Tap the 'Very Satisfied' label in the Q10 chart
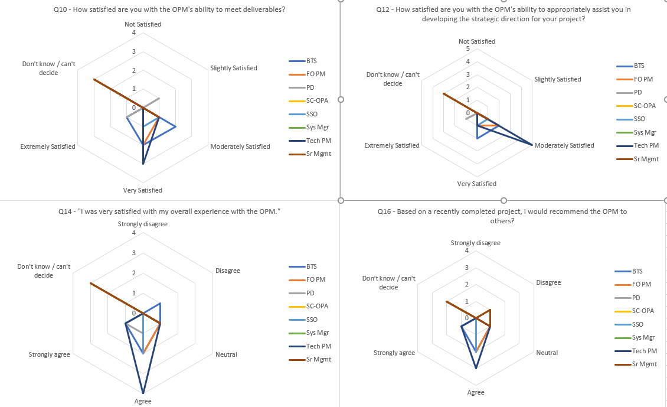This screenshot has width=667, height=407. [142, 190]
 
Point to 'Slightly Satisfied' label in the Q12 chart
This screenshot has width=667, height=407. [557, 79]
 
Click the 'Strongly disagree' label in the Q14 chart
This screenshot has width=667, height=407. [143, 224]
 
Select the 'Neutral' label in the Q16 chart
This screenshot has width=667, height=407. [547, 353]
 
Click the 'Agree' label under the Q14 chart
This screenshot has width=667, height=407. [143, 401]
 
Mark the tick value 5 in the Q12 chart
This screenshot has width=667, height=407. [468, 48]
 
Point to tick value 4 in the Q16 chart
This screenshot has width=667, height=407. [467, 250]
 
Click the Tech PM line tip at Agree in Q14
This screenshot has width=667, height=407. [143, 393]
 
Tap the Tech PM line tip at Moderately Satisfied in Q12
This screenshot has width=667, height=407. [532, 145]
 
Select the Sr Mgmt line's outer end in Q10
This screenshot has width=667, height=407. [94, 79]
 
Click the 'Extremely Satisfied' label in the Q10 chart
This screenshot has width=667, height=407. [48, 146]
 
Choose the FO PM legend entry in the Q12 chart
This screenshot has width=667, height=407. [643, 79]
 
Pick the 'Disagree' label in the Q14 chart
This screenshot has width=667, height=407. [227, 271]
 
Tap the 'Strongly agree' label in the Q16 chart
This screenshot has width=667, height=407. [394, 353]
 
